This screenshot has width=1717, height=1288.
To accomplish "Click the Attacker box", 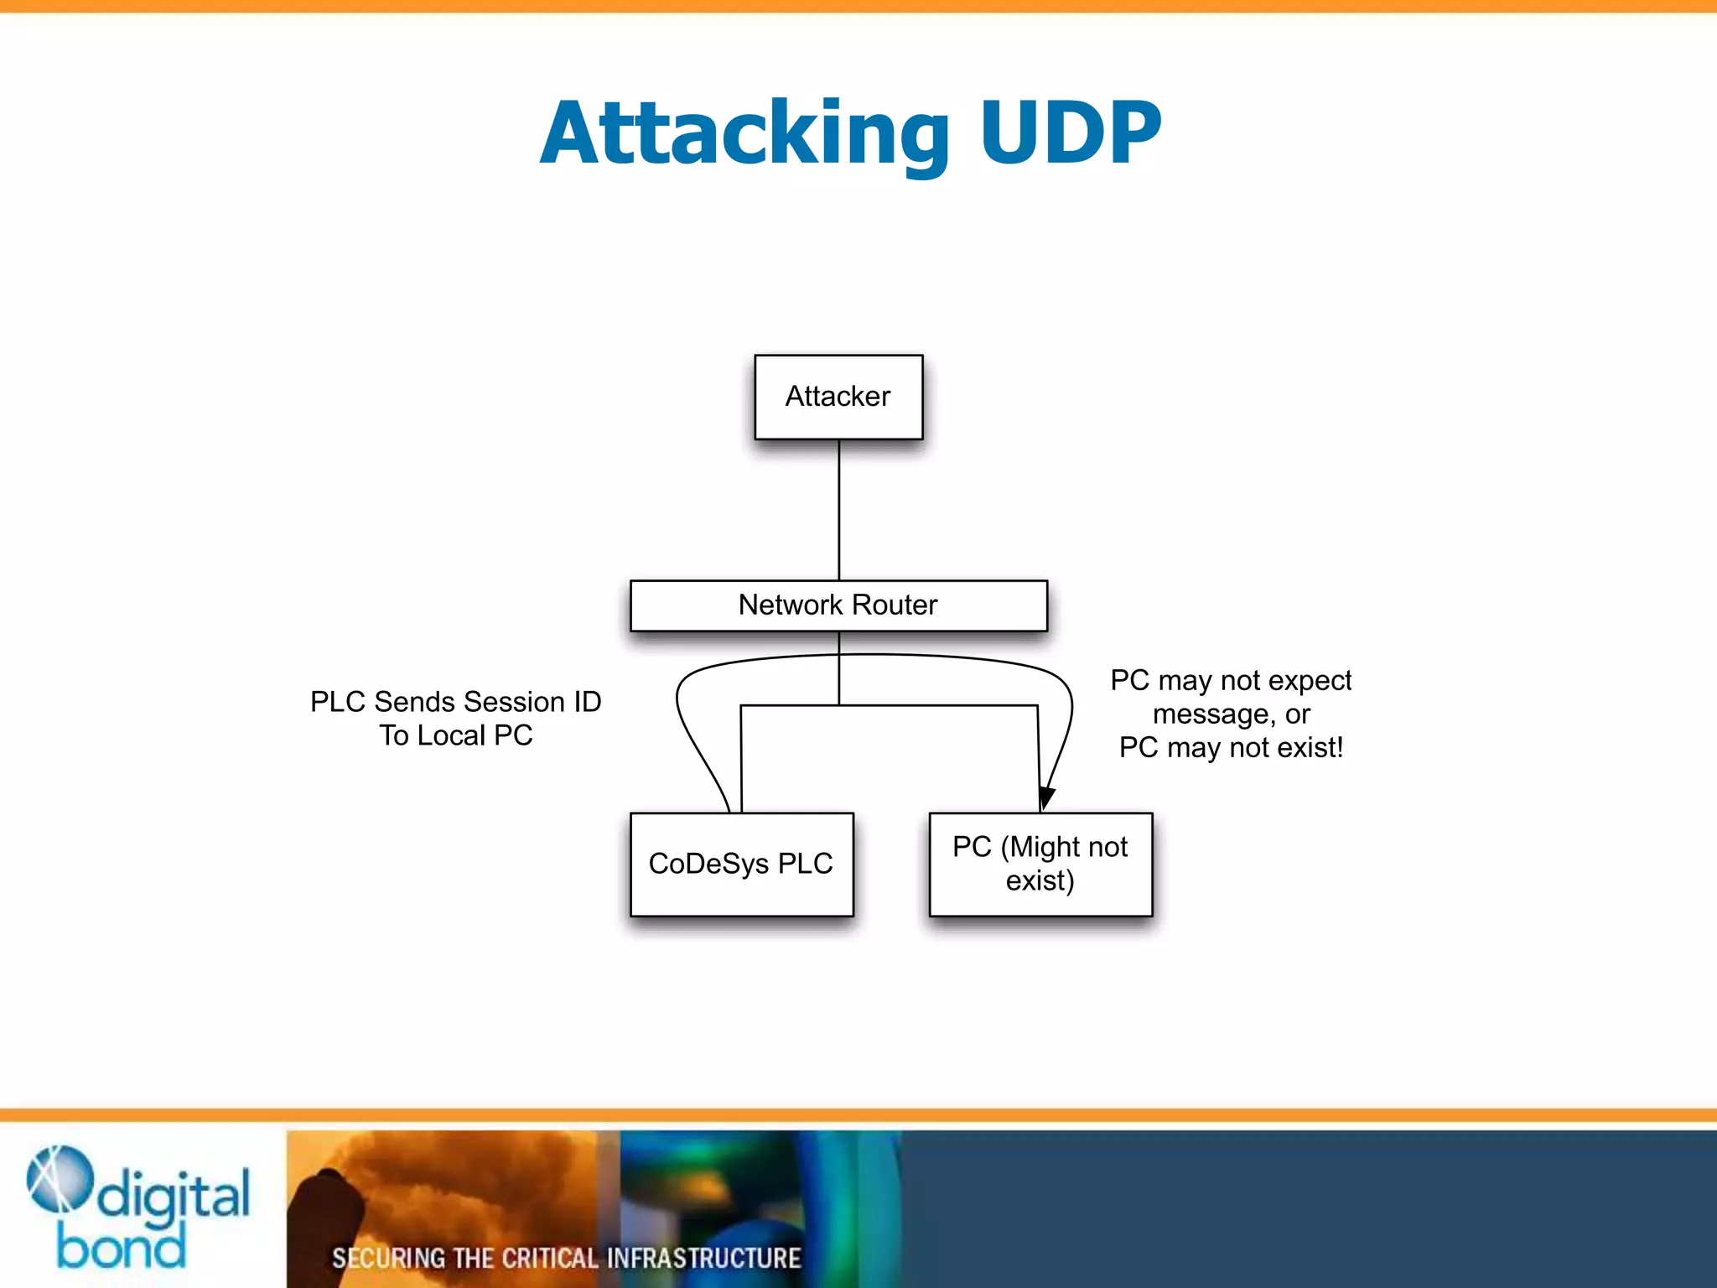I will click(838, 397).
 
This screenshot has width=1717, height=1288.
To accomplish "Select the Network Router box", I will click(838, 605).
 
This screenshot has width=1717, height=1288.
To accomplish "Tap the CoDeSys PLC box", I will click(741, 865).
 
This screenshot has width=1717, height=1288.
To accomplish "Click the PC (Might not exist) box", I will click(1040, 865).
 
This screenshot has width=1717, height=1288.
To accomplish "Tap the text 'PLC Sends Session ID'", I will click(455, 702).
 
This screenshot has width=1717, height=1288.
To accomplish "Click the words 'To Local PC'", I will click(455, 735).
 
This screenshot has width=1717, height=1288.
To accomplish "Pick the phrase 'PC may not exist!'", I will click(1231, 747).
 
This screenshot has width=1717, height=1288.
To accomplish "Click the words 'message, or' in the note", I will click(1231, 714).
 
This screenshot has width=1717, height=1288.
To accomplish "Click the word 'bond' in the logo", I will click(121, 1248).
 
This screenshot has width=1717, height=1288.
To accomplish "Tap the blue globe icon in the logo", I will click(59, 1179).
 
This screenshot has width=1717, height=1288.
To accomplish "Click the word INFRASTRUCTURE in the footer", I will click(703, 1259).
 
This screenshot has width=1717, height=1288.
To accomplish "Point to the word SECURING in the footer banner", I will click(388, 1259).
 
